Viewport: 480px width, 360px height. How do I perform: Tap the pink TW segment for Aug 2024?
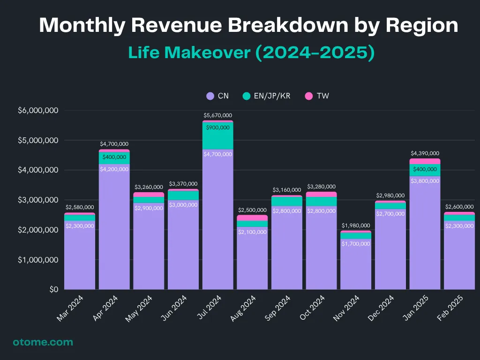click(252, 217)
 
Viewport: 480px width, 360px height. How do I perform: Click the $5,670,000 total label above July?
click(217, 115)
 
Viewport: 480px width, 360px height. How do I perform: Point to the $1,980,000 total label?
click(356, 226)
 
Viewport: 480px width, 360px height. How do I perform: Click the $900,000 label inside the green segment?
click(217, 127)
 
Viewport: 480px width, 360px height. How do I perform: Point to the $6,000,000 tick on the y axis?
click(38, 111)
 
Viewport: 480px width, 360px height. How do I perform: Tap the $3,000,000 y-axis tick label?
click(38, 200)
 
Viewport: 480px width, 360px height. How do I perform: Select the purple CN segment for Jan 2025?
click(425, 234)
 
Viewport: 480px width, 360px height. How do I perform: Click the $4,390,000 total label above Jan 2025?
click(425, 153)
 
